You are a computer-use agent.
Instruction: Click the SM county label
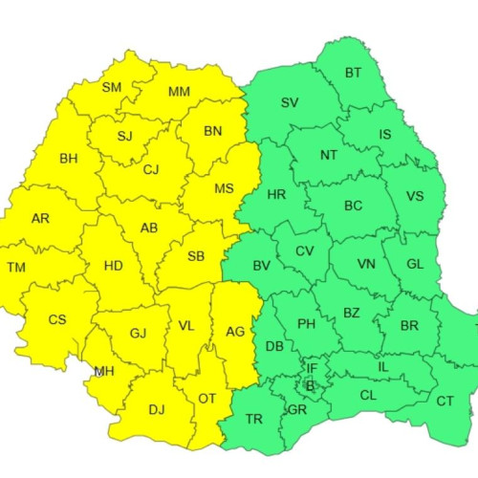112,87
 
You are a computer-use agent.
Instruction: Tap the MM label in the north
179,92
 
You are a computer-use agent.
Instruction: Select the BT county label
353,73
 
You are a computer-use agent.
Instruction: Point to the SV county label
290,102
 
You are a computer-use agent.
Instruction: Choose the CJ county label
151,170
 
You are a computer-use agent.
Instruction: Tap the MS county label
224,188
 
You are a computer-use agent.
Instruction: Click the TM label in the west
16,267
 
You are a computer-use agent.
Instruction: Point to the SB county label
195,256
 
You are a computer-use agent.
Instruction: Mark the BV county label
260,266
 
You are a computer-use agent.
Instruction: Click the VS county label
415,197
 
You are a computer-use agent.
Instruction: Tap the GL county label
414,264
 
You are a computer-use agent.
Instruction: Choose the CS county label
57,319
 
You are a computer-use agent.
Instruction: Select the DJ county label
156,409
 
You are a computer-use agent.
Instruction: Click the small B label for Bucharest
309,386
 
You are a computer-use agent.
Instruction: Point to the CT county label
445,401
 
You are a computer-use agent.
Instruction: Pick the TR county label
254,419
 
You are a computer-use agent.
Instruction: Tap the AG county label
234,331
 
